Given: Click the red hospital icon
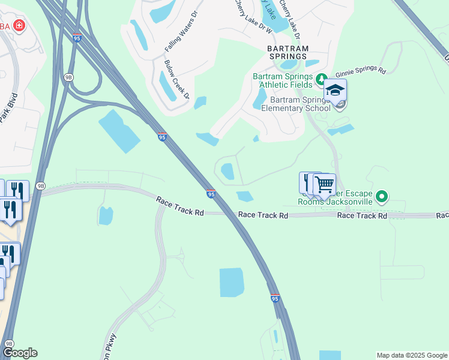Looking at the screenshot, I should pos(19,25).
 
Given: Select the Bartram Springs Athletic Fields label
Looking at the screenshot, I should pos(283,80).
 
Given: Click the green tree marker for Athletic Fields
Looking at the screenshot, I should pos(321,78).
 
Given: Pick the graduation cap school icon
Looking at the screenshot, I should pos(336,91).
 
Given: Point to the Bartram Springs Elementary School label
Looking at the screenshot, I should pos(300,104).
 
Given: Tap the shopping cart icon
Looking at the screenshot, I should pos(325,184).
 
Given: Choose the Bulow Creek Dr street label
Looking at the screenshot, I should pos(177,79).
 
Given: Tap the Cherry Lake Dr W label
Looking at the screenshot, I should pos(252,16).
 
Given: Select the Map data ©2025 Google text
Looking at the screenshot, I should pos(411,355).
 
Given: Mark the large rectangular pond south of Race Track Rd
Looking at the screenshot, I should pos(232,282).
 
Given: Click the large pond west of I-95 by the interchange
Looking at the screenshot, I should pos(119,131).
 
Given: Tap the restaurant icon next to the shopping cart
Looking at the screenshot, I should pos(308,182).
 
